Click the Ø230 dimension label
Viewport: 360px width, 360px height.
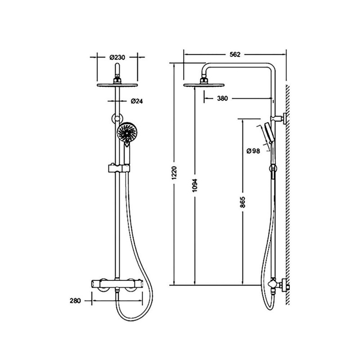[x=117, y=57]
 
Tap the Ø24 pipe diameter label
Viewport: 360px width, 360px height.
[x=137, y=101]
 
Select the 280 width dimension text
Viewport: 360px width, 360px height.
[x=75, y=301]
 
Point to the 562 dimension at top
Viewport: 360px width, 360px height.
[x=235, y=54]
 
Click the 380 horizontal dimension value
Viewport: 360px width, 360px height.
[x=222, y=99]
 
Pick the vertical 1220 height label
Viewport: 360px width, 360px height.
[x=174, y=173]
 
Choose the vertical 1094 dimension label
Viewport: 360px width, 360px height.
[x=195, y=185]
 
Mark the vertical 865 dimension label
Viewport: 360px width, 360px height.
[x=243, y=202]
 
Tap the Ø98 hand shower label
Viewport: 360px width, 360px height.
[x=253, y=151]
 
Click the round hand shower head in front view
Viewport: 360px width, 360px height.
[x=127, y=132]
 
